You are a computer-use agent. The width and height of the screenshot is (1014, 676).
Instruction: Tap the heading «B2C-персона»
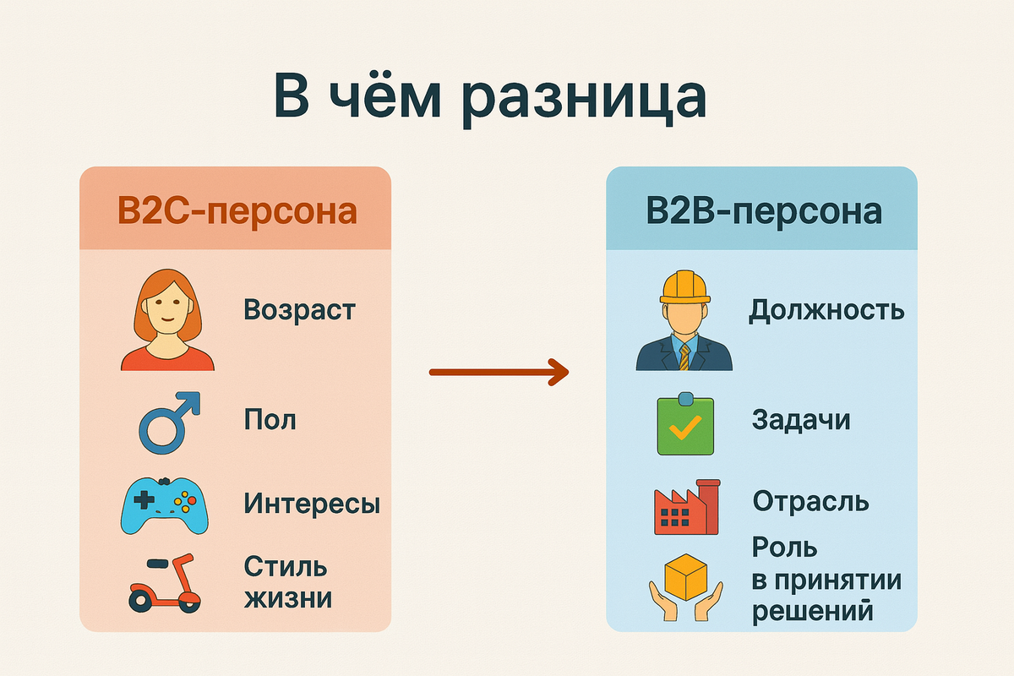[237, 211]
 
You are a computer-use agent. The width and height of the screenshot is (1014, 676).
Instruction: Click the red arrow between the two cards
[499, 371]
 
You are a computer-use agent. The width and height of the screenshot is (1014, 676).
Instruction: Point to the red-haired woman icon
[167, 321]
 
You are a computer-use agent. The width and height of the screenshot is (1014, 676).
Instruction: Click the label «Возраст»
[299, 310]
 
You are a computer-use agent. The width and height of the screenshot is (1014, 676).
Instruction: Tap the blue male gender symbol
[169, 420]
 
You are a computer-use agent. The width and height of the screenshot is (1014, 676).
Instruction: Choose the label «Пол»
[270, 419]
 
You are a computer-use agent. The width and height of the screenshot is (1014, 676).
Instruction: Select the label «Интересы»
[312, 504]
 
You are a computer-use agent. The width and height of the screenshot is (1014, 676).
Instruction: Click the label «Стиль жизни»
[287, 582]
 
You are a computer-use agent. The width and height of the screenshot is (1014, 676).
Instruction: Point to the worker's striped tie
[684, 355]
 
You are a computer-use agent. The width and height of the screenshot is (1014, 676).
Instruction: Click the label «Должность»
[826, 311]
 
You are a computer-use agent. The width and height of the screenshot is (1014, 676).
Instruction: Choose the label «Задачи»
[800, 420]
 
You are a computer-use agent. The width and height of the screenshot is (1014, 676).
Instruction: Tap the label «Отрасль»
[810, 502]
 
